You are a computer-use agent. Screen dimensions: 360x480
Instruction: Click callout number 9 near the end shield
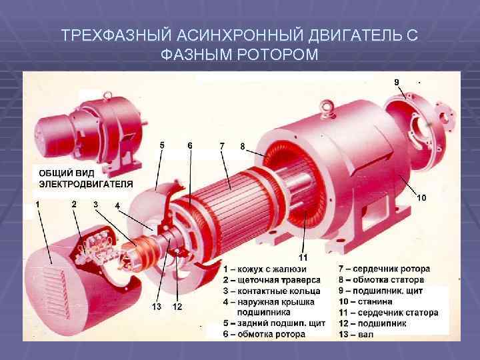pyautogui.click(x=397, y=81)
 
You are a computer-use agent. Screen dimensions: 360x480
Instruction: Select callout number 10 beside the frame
pyautogui.click(x=421, y=198)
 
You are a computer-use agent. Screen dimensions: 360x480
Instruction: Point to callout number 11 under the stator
pyautogui.click(x=303, y=258)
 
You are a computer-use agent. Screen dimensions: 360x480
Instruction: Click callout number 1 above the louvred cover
pyautogui.click(x=37, y=203)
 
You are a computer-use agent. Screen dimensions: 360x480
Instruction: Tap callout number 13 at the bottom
pyautogui.click(x=157, y=307)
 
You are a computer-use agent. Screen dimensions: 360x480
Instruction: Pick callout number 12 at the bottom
pyautogui.click(x=177, y=307)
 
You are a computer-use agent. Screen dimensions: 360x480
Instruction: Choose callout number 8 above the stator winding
pyautogui.click(x=243, y=145)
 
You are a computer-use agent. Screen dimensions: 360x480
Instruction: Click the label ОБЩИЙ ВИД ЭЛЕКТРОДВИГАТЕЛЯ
pyautogui.click(x=85, y=178)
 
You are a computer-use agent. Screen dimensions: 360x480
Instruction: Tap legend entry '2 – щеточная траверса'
pyautogui.click(x=272, y=280)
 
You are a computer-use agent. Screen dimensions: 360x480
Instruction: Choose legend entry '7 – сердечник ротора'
pyautogui.click(x=385, y=269)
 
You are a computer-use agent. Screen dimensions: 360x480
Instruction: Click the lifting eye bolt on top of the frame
pyautogui.click(x=327, y=106)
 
